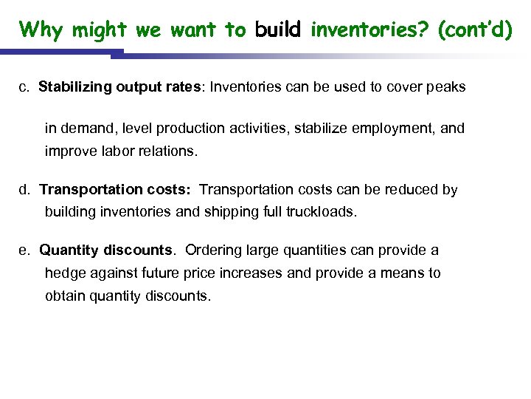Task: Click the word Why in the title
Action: point(42,30)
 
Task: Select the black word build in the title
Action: point(277,30)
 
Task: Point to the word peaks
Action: point(446,87)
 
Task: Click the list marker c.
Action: point(24,87)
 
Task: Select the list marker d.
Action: point(24,190)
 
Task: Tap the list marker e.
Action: point(24,250)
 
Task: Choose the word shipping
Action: point(235,212)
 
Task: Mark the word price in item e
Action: point(204,273)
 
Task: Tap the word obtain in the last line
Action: point(64,296)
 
